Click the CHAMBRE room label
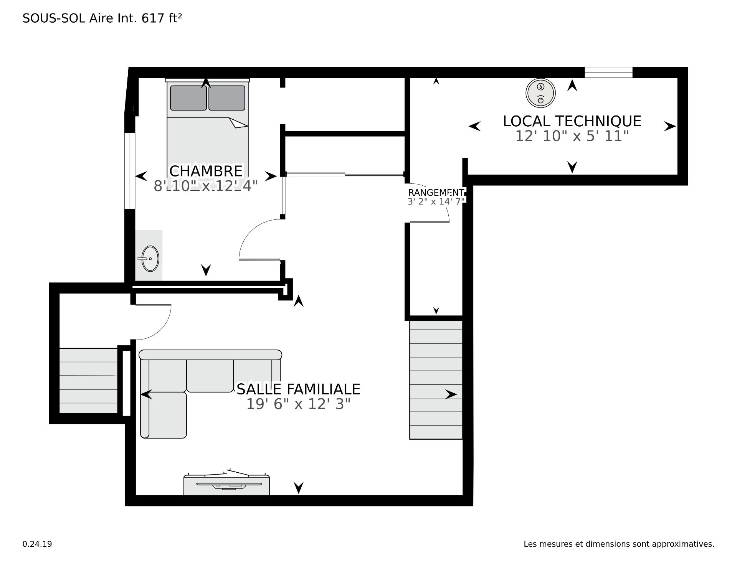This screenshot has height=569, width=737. tap(206, 171)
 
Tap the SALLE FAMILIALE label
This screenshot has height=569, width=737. tap(298, 389)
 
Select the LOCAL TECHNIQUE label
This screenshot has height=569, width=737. tap(572, 121)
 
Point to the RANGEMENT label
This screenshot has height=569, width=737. tap(436, 193)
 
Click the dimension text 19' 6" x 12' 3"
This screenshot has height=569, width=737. tap(298, 404)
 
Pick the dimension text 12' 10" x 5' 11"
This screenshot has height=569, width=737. tap(572, 136)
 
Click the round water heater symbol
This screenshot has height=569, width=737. tap(540, 93)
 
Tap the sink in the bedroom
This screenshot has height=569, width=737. tap(149, 259)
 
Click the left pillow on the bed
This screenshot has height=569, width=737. tap(188, 98)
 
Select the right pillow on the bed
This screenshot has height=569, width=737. tap(227, 98)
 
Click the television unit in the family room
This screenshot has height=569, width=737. tap(226, 484)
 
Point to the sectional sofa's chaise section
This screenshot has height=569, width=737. tap(164, 414)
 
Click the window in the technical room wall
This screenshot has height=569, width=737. tap(608, 72)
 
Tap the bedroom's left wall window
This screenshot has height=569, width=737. tap(130, 171)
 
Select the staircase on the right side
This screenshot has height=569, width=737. tap(436, 379)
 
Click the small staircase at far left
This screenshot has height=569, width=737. tap(88, 381)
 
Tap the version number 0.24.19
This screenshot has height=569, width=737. tap(37, 544)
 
